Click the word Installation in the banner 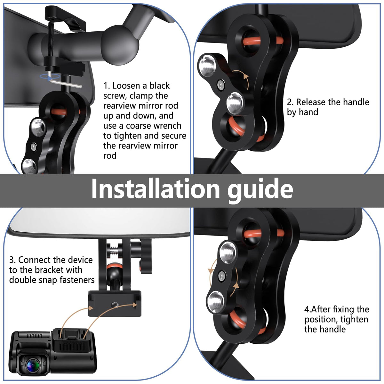[156, 188]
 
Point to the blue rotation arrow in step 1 [50, 76]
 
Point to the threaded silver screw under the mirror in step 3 [114, 250]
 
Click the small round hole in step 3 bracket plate [115, 305]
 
